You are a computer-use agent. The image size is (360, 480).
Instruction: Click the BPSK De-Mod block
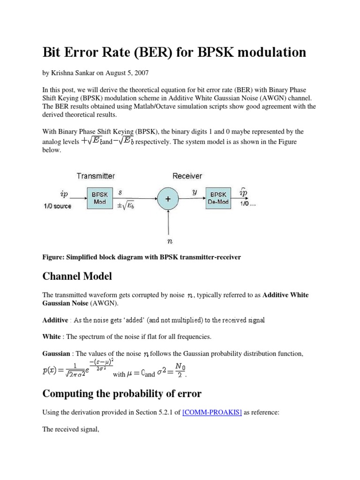pyautogui.click(x=218, y=198)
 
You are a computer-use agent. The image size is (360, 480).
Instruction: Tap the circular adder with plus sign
pyautogui.click(x=167, y=199)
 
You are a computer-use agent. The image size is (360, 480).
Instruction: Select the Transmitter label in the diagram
pyautogui.click(x=96, y=176)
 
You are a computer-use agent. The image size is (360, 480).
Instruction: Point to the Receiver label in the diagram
pyautogui.click(x=187, y=176)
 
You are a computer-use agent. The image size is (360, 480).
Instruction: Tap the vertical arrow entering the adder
pyautogui.click(x=167, y=223)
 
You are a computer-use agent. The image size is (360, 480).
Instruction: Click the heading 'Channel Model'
pyautogui.click(x=77, y=276)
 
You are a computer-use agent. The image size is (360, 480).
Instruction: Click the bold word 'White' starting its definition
pyautogui.click(x=52, y=337)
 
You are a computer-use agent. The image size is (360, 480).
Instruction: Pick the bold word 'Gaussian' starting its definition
pyautogui.click(x=56, y=353)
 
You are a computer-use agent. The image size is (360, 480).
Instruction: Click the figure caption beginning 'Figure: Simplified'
pyautogui.click(x=142, y=258)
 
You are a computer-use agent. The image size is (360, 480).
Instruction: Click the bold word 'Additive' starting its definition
pyautogui.click(x=55, y=320)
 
